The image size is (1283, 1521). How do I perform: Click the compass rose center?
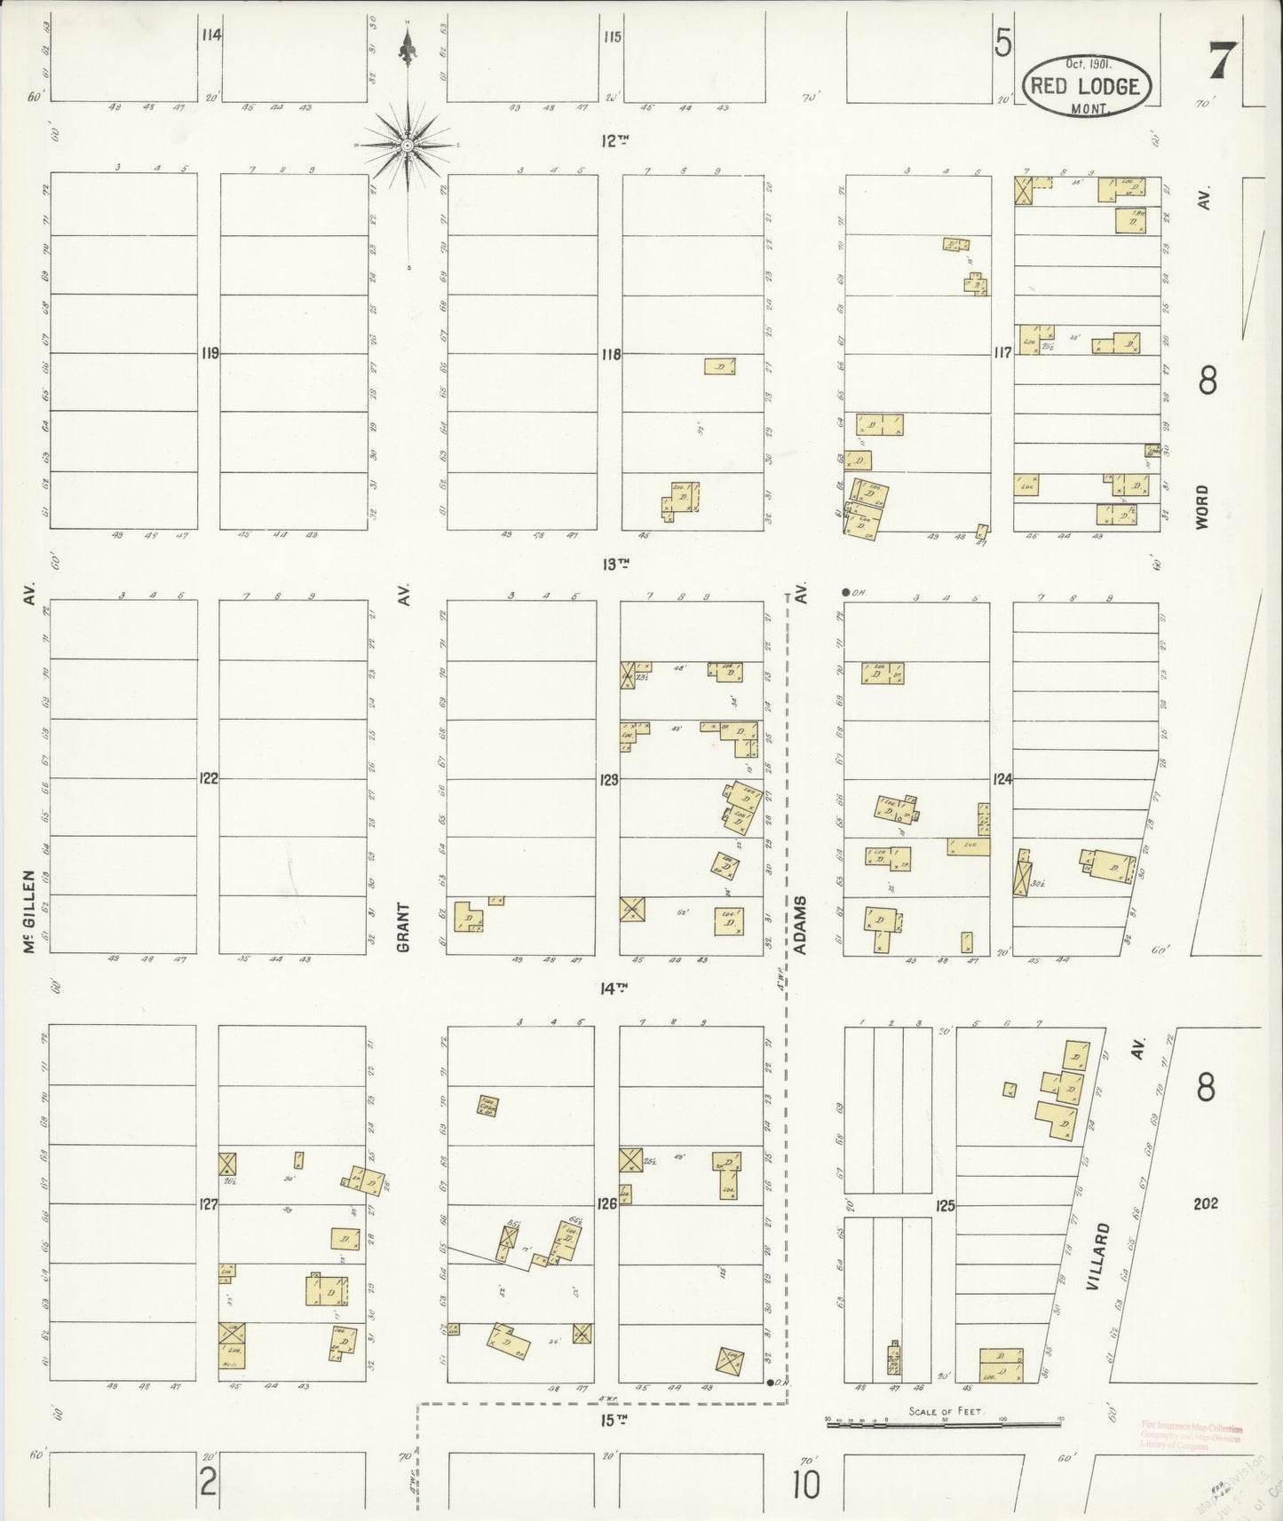407,145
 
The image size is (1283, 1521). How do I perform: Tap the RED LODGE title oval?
1089,86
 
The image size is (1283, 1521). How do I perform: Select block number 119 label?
210,353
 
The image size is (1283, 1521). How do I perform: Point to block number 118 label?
610,354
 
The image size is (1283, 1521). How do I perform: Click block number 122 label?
209,778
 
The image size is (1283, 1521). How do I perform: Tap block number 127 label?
209,1204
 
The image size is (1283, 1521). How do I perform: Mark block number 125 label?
944,1205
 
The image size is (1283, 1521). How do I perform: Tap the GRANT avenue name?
403,927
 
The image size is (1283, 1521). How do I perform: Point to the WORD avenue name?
1202,507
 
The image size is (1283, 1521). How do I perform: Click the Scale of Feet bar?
945,1422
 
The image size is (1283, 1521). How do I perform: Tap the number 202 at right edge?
1206,1203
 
